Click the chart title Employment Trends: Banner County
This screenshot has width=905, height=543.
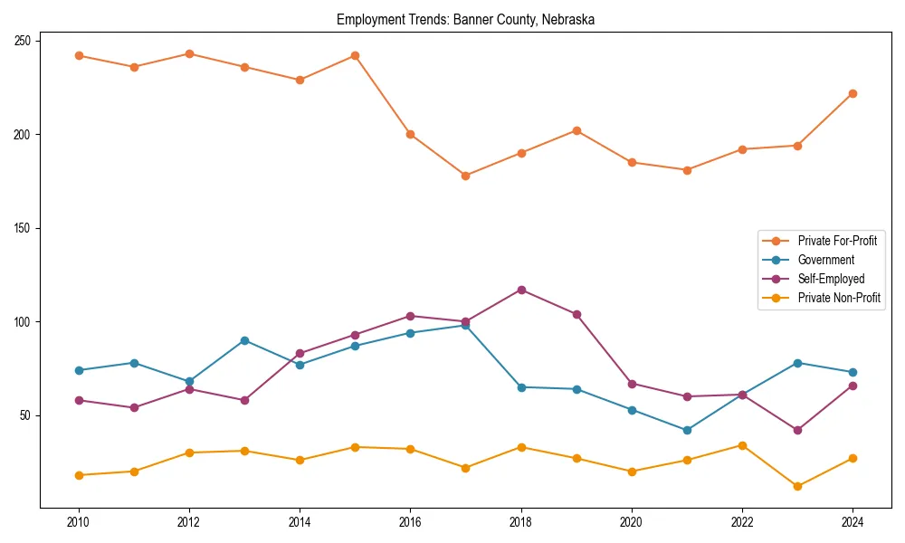tap(465, 20)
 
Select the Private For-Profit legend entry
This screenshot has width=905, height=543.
tap(836, 241)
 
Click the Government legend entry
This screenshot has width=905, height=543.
tap(825, 260)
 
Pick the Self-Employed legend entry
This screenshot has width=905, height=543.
tap(831, 279)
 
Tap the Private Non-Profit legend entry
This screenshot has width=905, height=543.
tap(839, 298)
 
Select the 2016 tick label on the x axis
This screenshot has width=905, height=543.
tap(410, 522)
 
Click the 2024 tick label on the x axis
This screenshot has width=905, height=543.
tap(853, 522)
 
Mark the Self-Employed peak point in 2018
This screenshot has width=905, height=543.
tap(521, 290)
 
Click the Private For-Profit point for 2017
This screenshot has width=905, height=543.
tap(465, 176)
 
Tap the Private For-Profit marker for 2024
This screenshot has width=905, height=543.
tap(853, 93)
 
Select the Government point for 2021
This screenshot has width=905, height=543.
tap(687, 430)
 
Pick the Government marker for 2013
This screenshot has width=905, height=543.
tap(244, 340)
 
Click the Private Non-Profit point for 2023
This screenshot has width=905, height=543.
tap(797, 486)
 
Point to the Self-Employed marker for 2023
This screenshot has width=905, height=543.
tap(797, 430)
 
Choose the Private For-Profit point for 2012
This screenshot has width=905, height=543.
tap(189, 53)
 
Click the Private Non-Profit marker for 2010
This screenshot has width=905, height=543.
tap(79, 475)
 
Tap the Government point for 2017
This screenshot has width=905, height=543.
tap(465, 325)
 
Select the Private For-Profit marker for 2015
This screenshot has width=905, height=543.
tap(355, 55)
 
